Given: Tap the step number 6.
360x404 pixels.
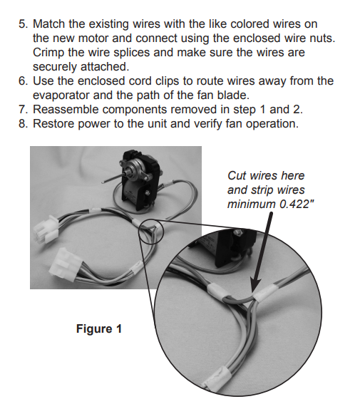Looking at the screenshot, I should [x=21, y=81].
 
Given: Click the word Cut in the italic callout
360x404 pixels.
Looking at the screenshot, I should [x=237, y=175].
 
